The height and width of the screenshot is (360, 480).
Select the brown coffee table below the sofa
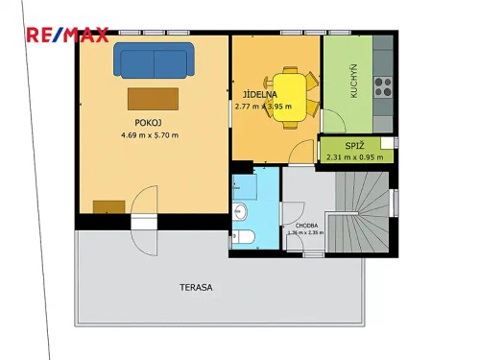click(153, 99)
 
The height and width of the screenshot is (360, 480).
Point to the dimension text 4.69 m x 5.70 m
click(150, 135)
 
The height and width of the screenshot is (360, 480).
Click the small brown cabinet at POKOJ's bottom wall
click(108, 205)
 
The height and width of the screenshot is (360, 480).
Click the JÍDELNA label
click(259, 95)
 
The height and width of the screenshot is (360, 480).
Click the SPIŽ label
click(354, 146)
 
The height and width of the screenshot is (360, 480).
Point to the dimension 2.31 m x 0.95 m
click(354, 157)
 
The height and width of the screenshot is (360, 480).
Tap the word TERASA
click(195, 287)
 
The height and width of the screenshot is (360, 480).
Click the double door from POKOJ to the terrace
click(143, 219)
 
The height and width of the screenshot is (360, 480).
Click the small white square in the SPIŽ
click(388, 143)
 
